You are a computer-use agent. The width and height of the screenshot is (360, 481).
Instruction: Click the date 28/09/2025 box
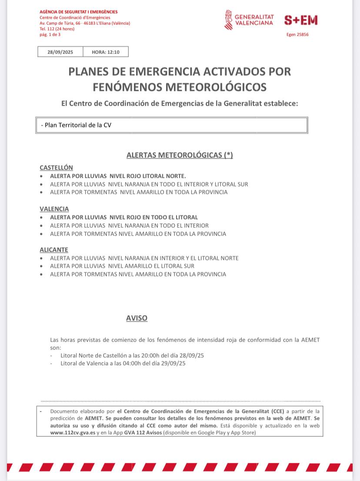coord(60,52)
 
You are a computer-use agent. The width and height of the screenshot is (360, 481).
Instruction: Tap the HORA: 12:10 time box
coord(105,52)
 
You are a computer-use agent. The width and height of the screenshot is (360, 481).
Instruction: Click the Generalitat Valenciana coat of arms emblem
coord(228,20)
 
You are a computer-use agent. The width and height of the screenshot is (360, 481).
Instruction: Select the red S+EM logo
coord(301,20)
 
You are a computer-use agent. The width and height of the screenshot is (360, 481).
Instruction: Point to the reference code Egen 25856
coord(298,35)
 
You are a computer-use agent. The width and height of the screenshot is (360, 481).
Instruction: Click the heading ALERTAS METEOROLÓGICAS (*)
coord(180,155)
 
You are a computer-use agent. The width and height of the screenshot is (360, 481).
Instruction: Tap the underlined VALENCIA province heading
coord(54,209)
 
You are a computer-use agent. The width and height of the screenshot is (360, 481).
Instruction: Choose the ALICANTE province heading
coord(54,250)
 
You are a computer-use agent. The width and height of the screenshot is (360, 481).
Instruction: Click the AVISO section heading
coord(137,318)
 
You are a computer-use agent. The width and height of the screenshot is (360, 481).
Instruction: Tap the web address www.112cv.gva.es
coord(73,433)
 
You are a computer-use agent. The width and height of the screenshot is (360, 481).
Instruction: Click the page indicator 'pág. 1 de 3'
coord(50,34)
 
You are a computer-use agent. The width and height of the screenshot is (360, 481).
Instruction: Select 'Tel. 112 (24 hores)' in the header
coord(57,29)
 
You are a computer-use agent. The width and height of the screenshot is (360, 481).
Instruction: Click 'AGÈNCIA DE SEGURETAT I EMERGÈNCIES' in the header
coord(78,12)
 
